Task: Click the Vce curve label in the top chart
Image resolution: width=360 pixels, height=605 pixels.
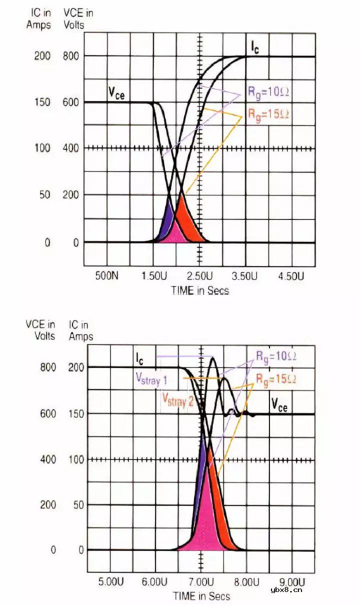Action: (x=116, y=93)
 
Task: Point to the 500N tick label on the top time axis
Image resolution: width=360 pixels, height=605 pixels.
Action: (x=107, y=276)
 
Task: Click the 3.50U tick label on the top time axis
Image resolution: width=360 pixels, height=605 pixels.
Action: (x=245, y=276)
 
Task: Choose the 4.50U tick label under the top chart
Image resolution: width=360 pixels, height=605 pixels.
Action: (x=291, y=276)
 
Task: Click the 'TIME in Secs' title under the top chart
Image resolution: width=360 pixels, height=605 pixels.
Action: (x=200, y=290)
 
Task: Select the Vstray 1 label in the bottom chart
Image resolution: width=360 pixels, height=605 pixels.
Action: (x=150, y=380)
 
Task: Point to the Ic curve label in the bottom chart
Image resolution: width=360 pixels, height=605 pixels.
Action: (x=139, y=358)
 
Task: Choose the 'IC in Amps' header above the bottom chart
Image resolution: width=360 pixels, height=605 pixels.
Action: (x=81, y=330)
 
